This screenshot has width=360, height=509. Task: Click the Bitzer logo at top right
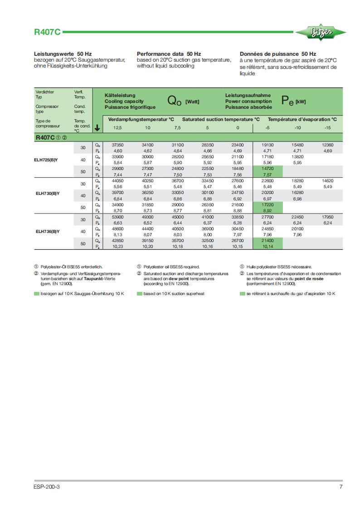pos(321,32)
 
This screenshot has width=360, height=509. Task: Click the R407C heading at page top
pos(47,33)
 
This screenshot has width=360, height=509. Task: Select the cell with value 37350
pos(117,145)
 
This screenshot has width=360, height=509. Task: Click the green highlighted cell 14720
pos(268,169)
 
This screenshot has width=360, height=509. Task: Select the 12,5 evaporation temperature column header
pos(117,128)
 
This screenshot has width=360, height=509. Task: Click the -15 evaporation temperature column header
pos(327,128)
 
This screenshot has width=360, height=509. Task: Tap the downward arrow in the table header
pos(97,128)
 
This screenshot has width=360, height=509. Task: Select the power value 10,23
pos(117,246)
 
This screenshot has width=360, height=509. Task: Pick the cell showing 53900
pos(117,217)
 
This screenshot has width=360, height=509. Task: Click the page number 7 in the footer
pos(341,487)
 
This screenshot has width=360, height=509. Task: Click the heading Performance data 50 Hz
pos(169,53)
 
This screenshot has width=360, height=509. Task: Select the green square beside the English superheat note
pos(139,294)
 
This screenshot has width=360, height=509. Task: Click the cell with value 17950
pos(327,217)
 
